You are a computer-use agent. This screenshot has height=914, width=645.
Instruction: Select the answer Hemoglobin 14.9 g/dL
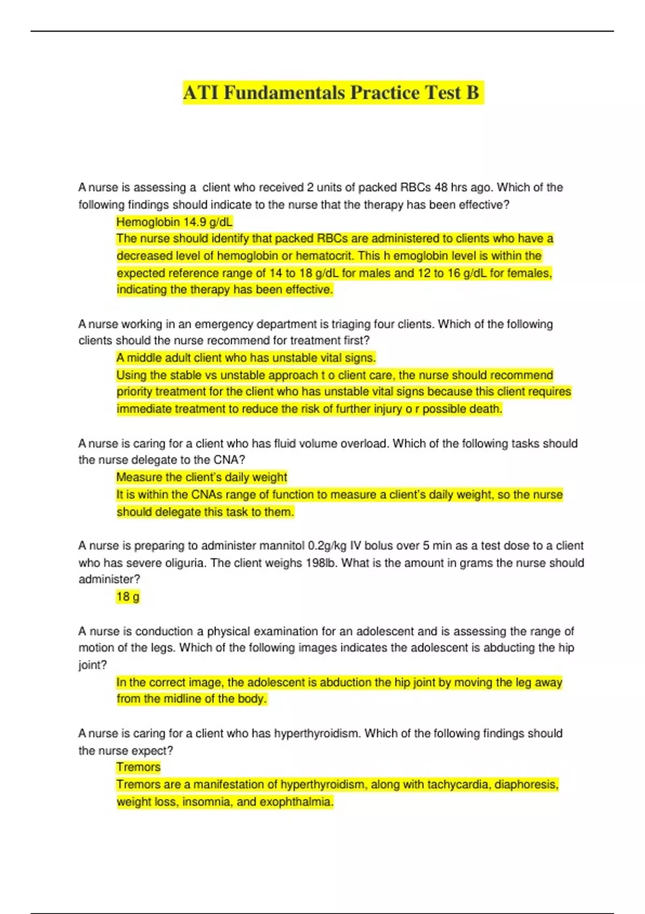tap(174, 222)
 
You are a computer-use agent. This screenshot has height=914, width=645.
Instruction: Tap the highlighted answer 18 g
tap(128, 597)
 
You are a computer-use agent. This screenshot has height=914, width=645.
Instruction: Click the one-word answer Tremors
tap(138, 767)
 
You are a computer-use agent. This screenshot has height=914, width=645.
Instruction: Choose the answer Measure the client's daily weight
tap(202, 477)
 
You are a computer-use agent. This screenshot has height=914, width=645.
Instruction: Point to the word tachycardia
tap(458, 785)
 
